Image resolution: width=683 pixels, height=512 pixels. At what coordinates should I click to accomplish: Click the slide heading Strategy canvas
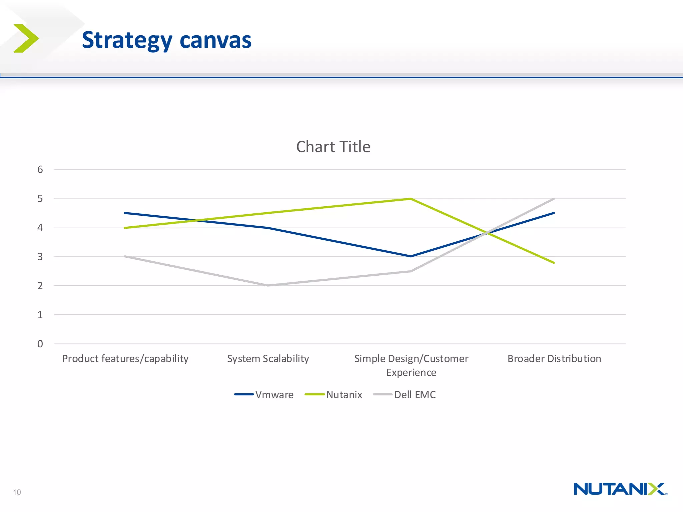166,40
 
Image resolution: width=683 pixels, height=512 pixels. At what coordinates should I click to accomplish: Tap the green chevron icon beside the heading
26,38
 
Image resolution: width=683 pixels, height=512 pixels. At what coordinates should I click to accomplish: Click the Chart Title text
333,147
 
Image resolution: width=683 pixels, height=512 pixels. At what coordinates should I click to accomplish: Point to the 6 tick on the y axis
40,170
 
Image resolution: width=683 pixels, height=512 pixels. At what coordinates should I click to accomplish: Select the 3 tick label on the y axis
40,257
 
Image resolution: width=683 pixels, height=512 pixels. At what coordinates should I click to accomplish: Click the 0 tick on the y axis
40,344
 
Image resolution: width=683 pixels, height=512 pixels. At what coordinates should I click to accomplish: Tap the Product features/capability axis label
125,359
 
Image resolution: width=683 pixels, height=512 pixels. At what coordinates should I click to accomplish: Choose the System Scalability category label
268,359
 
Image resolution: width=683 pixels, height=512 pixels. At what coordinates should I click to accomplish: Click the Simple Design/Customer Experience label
411,365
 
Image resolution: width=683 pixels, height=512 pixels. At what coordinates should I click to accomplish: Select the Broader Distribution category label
554,359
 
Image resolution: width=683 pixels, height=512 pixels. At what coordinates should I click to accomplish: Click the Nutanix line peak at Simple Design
411,199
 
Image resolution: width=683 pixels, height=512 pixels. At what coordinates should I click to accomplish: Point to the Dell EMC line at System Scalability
268,285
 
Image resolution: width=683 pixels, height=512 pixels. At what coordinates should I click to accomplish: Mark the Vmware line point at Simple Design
411,256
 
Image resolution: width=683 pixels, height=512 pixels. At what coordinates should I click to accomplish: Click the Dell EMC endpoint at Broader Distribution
554,199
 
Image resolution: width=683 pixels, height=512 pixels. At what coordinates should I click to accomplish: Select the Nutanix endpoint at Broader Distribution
554,263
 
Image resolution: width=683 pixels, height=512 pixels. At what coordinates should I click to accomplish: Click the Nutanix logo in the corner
620,489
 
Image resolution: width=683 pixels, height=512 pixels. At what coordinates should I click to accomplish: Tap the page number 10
17,492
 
